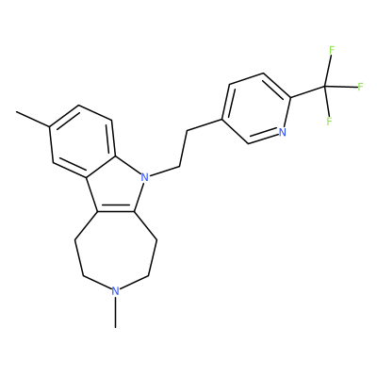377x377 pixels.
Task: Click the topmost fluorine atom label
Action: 332,50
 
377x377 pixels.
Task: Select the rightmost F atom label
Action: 360,87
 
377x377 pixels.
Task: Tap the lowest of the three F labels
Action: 329,122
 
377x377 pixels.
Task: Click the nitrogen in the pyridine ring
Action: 283,132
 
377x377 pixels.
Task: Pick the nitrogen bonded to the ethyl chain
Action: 144,177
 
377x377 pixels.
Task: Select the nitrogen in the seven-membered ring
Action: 116,291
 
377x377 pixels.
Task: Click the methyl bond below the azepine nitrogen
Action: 116,312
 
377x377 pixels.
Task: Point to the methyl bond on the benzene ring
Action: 33,119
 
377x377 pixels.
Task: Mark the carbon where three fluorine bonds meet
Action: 325,86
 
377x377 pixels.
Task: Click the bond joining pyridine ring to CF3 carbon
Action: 307,91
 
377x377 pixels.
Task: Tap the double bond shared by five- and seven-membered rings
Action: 116,210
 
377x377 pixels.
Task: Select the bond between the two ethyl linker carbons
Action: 183,148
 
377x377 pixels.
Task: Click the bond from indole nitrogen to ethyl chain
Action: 164,171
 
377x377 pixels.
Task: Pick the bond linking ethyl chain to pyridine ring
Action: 205,124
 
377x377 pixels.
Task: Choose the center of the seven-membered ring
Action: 116,248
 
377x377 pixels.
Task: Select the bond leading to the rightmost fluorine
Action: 341,87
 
